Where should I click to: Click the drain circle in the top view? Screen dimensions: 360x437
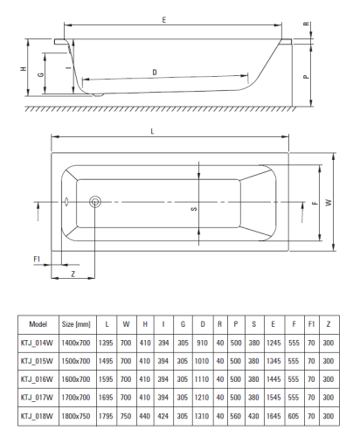click(x=95, y=202)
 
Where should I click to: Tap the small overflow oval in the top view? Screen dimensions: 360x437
click(x=66, y=201)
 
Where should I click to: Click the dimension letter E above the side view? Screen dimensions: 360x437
click(x=164, y=20)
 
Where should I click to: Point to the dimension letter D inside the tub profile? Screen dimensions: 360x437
click(x=155, y=72)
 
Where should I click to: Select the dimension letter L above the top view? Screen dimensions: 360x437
click(x=152, y=131)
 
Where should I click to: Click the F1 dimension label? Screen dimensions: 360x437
click(x=37, y=259)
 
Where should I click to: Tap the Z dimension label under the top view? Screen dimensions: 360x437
click(x=73, y=274)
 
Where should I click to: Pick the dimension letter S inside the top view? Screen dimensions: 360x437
click(x=194, y=209)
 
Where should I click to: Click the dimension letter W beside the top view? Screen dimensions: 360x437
click(x=329, y=202)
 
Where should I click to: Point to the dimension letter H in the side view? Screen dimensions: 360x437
click(x=24, y=69)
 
